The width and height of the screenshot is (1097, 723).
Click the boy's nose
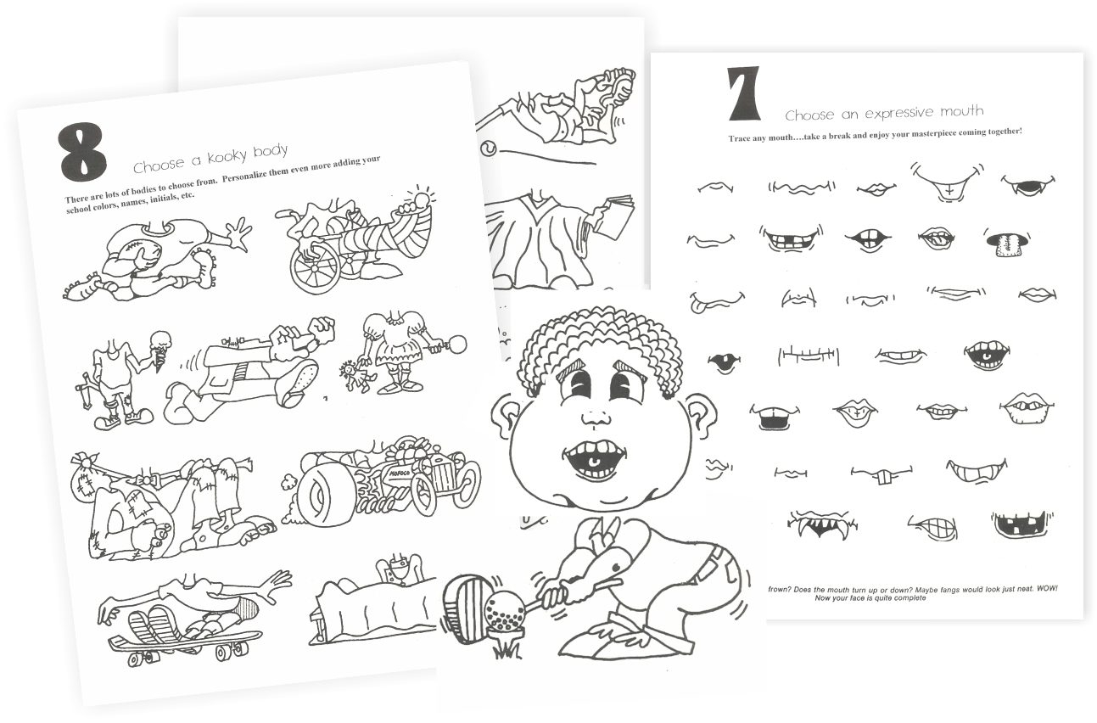596,415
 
